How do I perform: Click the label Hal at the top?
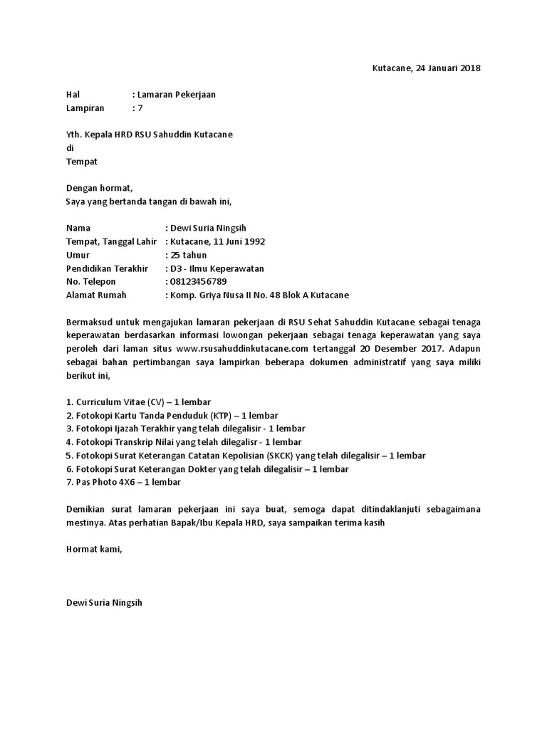[73, 95]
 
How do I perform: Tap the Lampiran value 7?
[140, 108]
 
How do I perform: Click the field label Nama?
[79, 229]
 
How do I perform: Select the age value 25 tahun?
[189, 255]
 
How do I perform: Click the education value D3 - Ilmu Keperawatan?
[217, 268]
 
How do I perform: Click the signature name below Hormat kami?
[104, 602]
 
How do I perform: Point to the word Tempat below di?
[81, 162]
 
